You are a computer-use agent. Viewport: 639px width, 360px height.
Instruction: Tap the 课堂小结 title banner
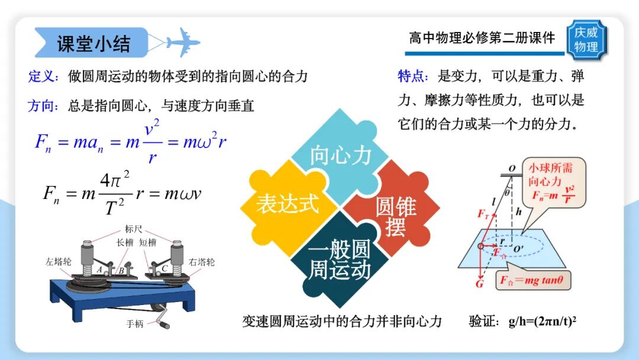93,43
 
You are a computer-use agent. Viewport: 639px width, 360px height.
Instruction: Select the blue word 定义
42,76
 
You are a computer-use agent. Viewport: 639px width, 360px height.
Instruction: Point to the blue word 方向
42,107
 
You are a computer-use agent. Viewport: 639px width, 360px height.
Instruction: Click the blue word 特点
412,76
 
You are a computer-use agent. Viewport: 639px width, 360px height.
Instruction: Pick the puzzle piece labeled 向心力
340,155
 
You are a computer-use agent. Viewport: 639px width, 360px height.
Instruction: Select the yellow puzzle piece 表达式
288,204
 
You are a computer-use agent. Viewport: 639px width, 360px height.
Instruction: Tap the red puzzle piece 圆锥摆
395,216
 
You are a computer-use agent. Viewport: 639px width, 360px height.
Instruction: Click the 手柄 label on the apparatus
135,324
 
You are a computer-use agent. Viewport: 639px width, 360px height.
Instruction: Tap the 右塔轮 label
202,261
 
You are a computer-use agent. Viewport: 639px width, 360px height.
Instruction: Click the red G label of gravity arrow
479,285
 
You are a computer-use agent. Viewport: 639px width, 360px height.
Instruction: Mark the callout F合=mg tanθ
534,281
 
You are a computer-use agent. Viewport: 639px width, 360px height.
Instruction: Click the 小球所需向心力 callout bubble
550,181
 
